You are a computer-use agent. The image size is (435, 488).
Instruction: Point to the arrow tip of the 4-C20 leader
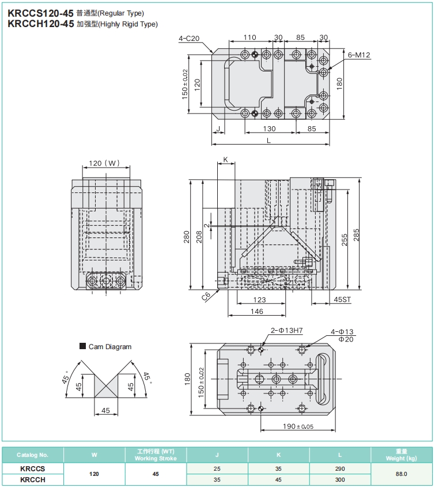(x=213, y=52)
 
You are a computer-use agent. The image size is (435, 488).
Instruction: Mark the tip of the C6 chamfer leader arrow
(x=220, y=289)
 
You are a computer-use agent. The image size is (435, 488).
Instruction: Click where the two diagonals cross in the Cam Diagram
(x=106, y=386)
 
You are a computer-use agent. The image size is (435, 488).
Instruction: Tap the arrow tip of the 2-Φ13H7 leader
(x=262, y=346)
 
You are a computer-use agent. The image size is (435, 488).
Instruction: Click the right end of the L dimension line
(x=330, y=145)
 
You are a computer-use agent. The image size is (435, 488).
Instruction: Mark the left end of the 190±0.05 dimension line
(x=261, y=430)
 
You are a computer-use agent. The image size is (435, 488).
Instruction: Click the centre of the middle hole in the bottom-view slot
(x=275, y=379)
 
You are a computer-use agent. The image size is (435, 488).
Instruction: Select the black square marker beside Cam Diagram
(x=82, y=346)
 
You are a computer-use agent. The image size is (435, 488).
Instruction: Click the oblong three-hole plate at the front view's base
(x=106, y=281)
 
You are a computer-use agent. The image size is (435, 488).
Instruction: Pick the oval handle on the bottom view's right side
(x=323, y=379)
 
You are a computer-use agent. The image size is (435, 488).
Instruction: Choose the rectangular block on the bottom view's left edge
(x=222, y=379)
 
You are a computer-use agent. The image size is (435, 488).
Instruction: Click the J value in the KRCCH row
(x=217, y=479)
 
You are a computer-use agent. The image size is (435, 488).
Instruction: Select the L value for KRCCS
(x=340, y=469)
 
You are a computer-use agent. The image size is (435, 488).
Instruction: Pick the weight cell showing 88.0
(x=402, y=474)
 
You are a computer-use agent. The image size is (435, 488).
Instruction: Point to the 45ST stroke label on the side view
(x=342, y=300)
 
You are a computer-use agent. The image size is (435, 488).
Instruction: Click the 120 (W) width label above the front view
(x=104, y=163)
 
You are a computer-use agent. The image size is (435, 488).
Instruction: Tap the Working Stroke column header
(x=156, y=459)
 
